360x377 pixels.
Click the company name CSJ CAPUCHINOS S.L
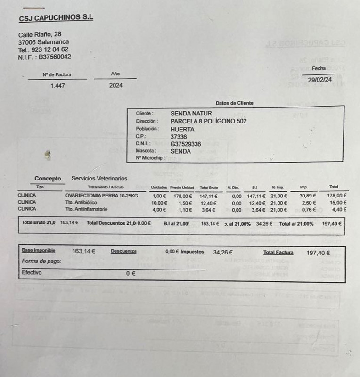[56, 17]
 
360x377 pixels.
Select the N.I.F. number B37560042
[55, 57]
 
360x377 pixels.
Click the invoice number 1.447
[57, 86]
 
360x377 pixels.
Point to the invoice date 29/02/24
[319, 80]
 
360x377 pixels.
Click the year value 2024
[115, 86]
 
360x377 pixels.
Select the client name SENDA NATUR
[191, 114]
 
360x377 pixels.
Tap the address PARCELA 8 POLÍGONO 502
[208, 121]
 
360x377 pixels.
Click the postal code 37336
[180, 137]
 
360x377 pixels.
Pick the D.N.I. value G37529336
[186, 144]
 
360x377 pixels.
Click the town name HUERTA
[182, 129]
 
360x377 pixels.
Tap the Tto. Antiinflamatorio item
[87, 210]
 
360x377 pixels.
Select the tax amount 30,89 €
[308, 196]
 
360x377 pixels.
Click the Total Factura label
[278, 253]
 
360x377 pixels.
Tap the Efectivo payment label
[32, 272]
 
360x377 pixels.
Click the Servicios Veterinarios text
[99, 179]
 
